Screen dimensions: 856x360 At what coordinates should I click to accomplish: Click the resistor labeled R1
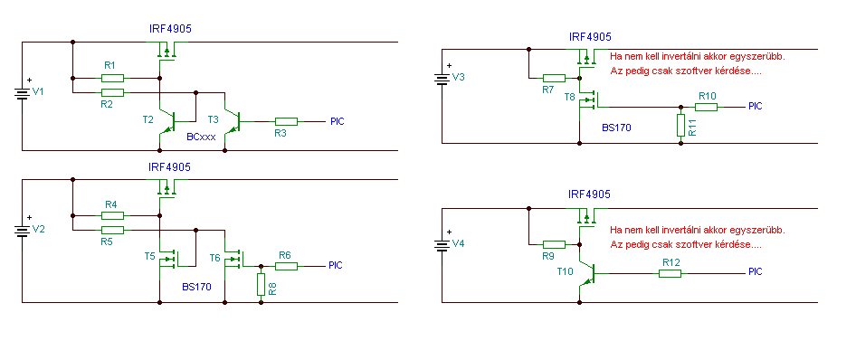(x=112, y=78)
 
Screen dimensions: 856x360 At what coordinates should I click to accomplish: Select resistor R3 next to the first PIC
(x=286, y=121)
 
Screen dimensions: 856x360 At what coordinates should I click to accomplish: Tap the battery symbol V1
(x=22, y=93)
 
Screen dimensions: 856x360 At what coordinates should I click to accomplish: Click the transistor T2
(x=167, y=122)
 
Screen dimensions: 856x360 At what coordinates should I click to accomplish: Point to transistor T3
(x=233, y=122)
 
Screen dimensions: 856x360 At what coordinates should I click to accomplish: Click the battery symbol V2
(x=22, y=231)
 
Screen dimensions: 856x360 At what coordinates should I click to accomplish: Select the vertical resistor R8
(x=261, y=285)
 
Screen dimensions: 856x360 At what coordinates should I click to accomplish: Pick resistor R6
(x=286, y=266)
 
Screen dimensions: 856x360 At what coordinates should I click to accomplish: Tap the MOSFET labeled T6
(x=235, y=260)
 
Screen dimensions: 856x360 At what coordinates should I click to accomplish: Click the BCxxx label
(x=201, y=137)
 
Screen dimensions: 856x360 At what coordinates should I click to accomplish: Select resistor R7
(x=554, y=78)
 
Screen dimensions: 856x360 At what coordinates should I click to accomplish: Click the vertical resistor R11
(x=680, y=126)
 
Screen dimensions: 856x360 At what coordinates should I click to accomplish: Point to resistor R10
(x=707, y=107)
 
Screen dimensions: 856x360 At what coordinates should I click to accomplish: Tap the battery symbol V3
(x=441, y=79)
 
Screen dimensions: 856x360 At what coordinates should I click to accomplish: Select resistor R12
(x=670, y=273)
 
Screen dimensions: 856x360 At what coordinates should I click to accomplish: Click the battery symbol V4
(x=441, y=245)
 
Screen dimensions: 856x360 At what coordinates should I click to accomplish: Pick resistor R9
(x=554, y=244)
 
